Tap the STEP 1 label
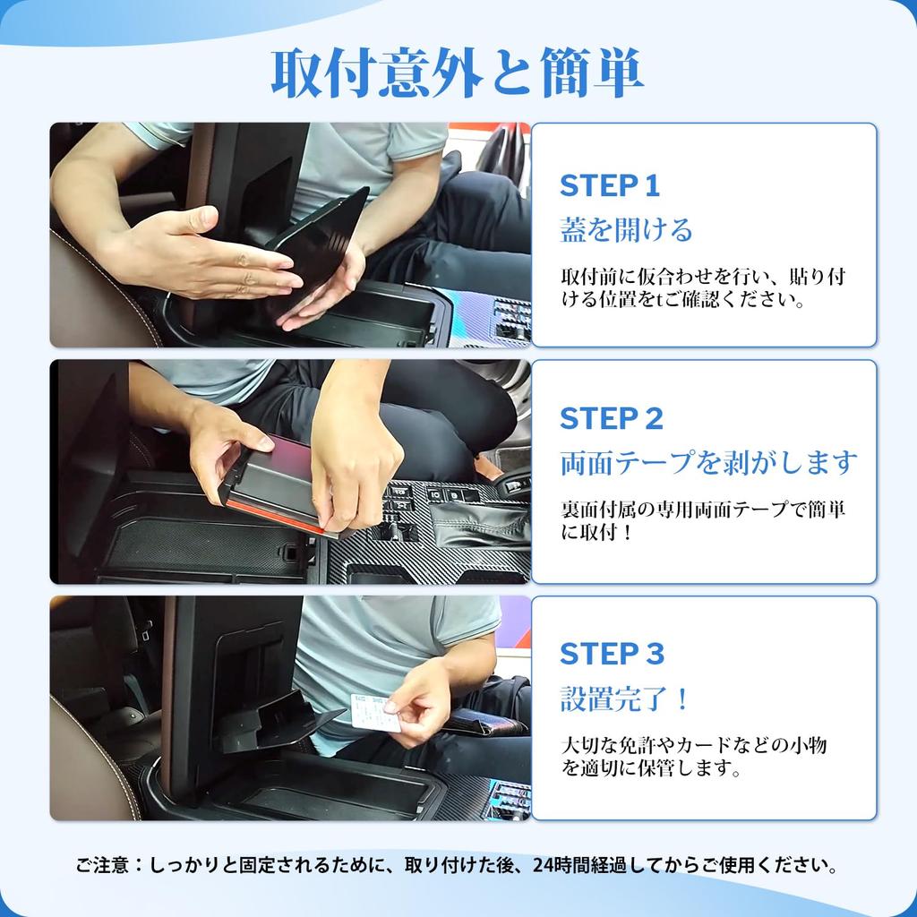(x=609, y=186)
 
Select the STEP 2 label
(x=611, y=419)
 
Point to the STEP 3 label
(x=612, y=653)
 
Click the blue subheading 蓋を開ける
(x=626, y=229)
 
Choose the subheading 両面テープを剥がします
(x=708, y=463)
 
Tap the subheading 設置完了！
(x=624, y=698)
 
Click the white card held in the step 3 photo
(x=375, y=711)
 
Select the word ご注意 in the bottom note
(x=101, y=865)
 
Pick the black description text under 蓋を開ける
(x=703, y=287)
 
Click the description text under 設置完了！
(x=694, y=756)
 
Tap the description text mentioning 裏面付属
(x=703, y=520)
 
